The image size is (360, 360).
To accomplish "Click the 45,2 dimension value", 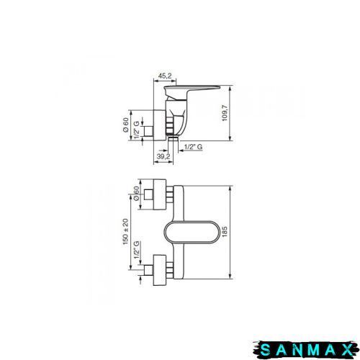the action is point(165,76).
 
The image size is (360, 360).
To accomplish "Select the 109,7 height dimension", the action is point(225,113).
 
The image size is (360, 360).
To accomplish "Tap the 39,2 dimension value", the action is point(163,156).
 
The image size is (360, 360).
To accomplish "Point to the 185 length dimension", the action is point(225,232).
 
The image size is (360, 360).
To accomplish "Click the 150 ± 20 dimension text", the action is point(125,232).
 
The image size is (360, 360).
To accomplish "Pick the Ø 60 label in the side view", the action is point(125,125).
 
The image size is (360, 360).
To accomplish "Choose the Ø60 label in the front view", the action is point(136,194).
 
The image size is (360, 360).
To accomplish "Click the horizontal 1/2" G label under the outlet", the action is point(194,147).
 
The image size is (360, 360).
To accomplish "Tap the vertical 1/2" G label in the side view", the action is point(136,130).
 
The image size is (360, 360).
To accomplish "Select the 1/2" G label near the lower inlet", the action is point(137,250).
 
